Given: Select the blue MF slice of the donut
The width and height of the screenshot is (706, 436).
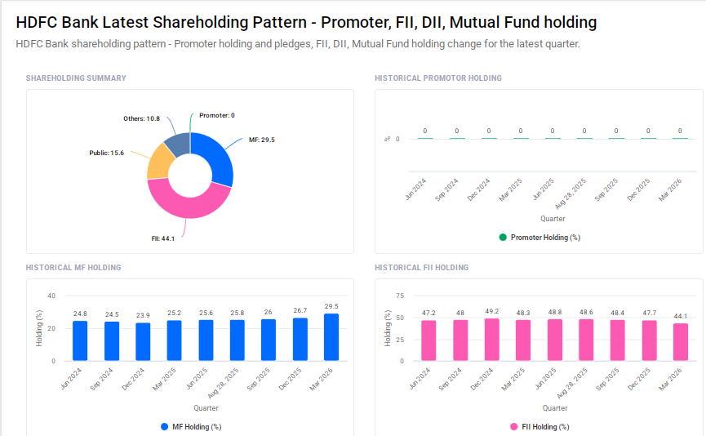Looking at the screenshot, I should tap(218, 158).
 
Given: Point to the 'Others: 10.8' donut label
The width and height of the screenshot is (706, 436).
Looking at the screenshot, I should tap(141, 118).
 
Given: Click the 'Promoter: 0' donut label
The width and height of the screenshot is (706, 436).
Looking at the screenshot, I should tap(216, 115).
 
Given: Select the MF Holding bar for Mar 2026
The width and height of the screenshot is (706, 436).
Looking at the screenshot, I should tap(331, 337).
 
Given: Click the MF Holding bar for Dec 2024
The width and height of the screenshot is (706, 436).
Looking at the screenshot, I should tap(143, 341).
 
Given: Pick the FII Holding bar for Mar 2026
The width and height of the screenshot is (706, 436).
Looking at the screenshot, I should tap(680, 341).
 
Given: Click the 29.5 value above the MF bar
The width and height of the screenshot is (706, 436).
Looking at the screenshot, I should tap(331, 306).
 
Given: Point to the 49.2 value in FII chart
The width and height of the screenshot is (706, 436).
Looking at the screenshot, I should tap(492, 310).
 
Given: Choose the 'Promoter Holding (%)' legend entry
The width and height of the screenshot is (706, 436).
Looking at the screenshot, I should tap(539, 238).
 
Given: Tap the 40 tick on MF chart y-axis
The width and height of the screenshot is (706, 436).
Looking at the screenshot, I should tap(51, 296).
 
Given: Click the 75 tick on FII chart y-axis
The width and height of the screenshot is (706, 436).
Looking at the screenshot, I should tap(400, 296).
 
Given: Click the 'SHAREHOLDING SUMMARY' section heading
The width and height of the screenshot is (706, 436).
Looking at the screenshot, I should tap(76, 78).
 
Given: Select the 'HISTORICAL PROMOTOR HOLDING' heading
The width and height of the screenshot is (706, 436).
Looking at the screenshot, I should tap(437, 78).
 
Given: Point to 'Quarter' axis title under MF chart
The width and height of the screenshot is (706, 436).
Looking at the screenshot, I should tap(206, 408).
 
